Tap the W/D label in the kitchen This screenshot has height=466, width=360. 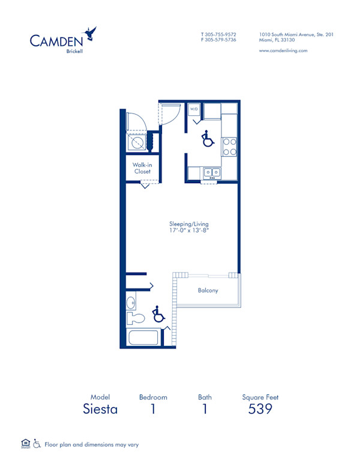pos(194,109)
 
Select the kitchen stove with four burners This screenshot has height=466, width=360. pos(230,147)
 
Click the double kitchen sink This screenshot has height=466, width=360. pos(211,173)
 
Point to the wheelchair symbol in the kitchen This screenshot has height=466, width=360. pos(207,139)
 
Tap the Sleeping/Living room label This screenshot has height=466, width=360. pos(188,224)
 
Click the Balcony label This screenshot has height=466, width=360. pos(208,291)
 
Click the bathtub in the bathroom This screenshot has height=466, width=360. pos(143,337)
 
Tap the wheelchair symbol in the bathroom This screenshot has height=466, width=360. pos(158,313)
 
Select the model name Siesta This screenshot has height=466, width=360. pos(100,410)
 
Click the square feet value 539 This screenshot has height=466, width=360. pos(260,410)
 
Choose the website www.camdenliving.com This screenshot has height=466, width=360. pos(283,51)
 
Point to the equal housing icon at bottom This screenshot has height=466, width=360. pos(25,444)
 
